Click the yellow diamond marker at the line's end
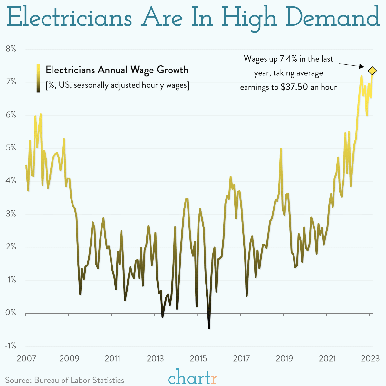(x=372, y=71)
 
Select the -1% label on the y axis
(x=10, y=346)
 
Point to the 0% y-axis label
(x=10, y=313)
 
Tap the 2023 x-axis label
(x=370, y=358)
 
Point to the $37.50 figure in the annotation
(x=294, y=87)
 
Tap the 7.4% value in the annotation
(x=281, y=59)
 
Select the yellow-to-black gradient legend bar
(x=38, y=78)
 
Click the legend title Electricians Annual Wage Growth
(x=117, y=70)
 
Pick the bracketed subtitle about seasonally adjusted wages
(x=117, y=85)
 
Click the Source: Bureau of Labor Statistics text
(x=64, y=380)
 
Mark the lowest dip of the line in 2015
(x=209, y=328)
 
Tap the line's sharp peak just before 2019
(x=281, y=149)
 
